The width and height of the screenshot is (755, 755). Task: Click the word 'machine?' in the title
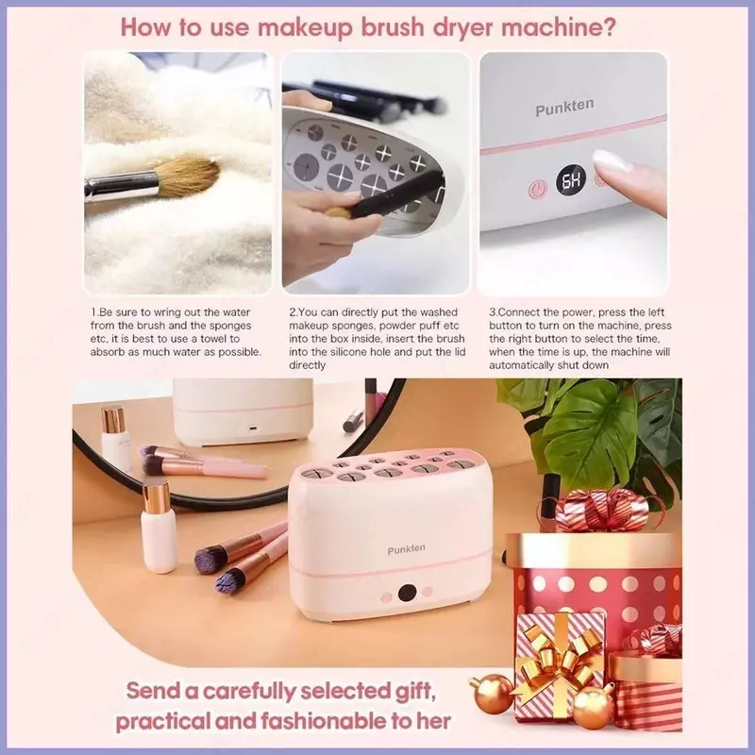pyautogui.click(x=559, y=27)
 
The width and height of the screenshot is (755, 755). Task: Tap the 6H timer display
pyautogui.click(x=572, y=180)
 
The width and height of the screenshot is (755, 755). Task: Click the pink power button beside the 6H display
pyautogui.click(x=537, y=190)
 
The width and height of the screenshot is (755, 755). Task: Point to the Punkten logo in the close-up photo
pyautogui.click(x=564, y=108)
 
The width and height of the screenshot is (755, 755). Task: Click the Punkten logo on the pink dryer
pyautogui.click(x=406, y=549)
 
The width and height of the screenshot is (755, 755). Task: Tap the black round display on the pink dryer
pyautogui.click(x=408, y=593)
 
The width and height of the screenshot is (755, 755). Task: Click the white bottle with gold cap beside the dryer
pyautogui.click(x=159, y=528)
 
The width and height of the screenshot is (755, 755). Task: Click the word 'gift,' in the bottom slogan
pyautogui.click(x=414, y=692)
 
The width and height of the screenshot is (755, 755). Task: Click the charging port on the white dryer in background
pyautogui.click(x=252, y=428)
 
